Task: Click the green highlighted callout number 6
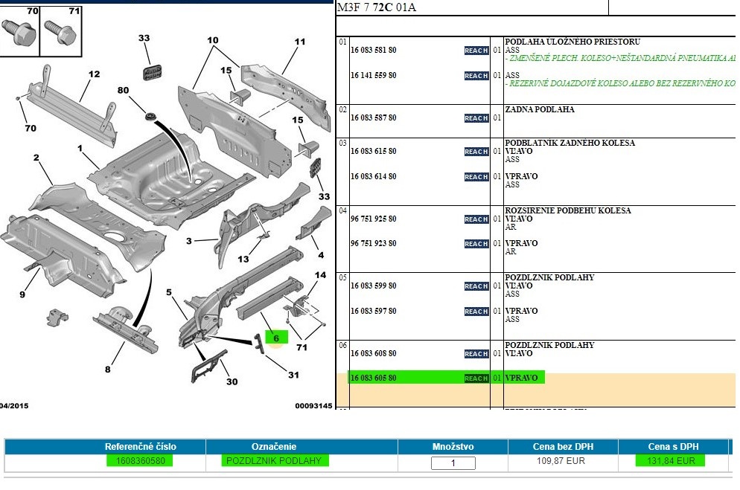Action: pos(275,337)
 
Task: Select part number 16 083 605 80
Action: pos(373,378)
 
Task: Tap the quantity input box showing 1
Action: pos(453,463)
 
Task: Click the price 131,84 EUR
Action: pos(670,461)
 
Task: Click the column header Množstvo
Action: pos(453,447)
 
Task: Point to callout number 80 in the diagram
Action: pos(123,91)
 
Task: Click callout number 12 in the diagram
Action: pos(94,74)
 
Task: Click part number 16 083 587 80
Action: pos(373,117)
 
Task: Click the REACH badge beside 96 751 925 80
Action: pos(476,219)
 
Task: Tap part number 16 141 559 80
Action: pos(373,75)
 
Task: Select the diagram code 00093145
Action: pos(313,406)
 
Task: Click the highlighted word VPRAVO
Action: pos(521,378)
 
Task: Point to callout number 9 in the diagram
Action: pos(22,294)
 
